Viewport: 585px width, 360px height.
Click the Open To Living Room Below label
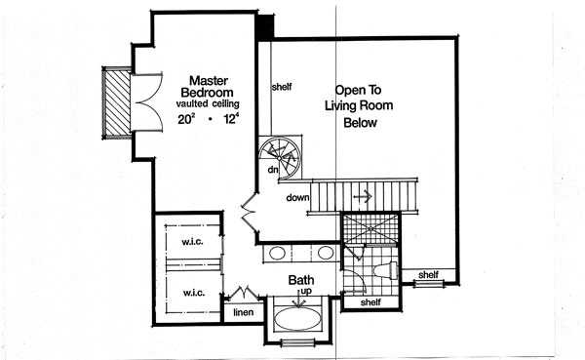(x=359, y=103)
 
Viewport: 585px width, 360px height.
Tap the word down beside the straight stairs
(x=298, y=198)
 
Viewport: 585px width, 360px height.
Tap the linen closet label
(x=243, y=313)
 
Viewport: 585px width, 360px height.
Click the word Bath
(x=300, y=281)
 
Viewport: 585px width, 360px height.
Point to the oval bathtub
(x=300, y=320)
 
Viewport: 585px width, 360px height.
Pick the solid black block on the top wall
(x=264, y=26)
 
